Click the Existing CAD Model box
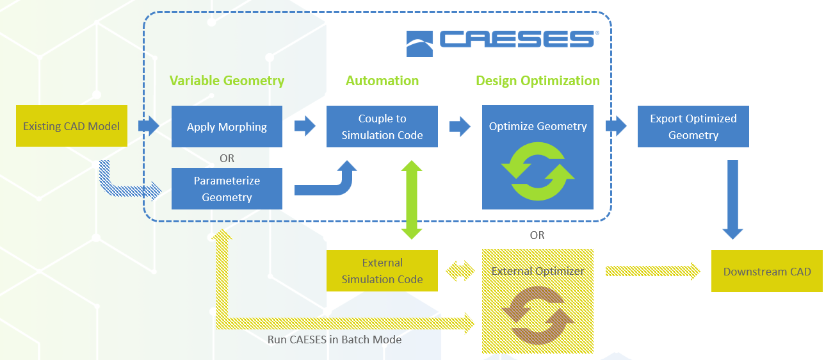(71, 126)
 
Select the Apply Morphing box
(227, 127)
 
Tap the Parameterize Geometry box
(227, 189)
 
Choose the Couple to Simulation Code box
(382, 127)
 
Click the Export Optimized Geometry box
(693, 127)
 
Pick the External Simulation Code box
(382, 271)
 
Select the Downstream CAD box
(767, 272)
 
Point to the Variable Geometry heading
(227, 81)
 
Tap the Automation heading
(382, 81)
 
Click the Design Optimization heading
(538, 81)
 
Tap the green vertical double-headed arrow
(411, 200)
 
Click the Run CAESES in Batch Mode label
(334, 340)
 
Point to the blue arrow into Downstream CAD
(732, 199)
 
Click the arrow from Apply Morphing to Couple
(305, 126)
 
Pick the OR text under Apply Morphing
(227, 158)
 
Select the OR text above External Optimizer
(537, 235)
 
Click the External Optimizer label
(538, 271)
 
